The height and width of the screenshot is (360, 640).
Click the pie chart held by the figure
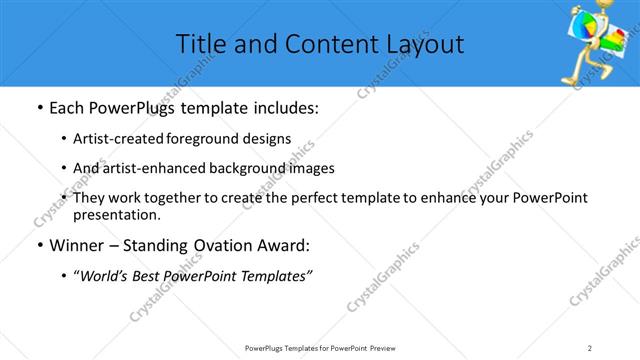[x=586, y=20]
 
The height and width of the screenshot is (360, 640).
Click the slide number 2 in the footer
[x=590, y=347]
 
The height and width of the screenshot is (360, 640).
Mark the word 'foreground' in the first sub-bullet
[x=216, y=139]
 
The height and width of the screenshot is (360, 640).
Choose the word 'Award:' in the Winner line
[x=284, y=245]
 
